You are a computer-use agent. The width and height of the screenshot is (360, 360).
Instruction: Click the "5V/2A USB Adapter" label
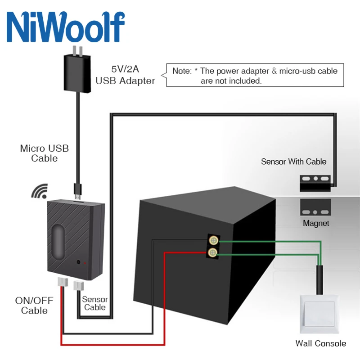click(126, 76)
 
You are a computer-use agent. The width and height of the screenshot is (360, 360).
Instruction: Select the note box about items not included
click(255, 76)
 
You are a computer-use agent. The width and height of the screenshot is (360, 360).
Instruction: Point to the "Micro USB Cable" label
click(45, 153)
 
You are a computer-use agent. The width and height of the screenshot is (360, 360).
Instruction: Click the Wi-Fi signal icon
click(39, 192)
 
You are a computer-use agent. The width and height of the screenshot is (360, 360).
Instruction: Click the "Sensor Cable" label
click(95, 303)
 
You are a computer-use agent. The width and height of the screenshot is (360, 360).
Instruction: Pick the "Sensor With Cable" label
click(293, 162)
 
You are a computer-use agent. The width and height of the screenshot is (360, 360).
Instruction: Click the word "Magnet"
click(315, 223)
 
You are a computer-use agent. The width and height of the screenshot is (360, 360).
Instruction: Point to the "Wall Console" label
click(320, 343)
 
